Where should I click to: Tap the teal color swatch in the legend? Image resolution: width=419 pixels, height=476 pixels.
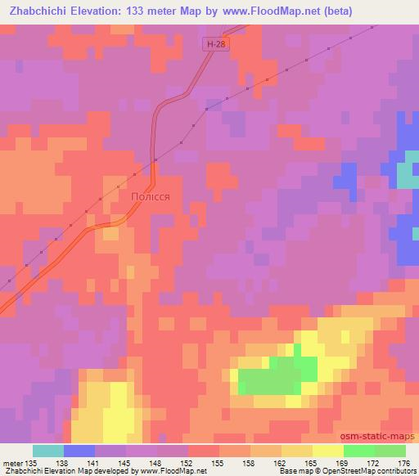click(48, 451)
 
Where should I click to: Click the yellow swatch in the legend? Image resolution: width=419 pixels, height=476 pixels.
click(328, 451)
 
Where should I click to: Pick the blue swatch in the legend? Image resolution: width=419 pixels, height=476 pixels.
click(79, 451)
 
